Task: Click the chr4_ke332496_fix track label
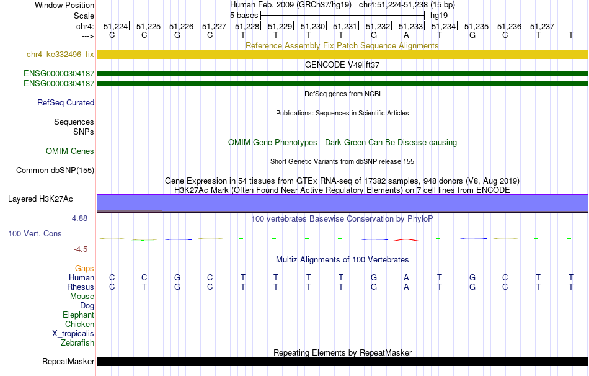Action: [60, 54]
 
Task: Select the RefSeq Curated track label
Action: [66, 102]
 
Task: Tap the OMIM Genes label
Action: [70, 151]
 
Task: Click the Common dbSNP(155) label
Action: [55, 171]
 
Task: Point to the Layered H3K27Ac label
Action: [40, 199]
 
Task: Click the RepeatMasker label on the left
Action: [68, 361]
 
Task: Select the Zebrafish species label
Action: [77, 343]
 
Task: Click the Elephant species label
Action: [79, 315]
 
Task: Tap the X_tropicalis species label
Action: [73, 334]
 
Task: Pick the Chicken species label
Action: [79, 324]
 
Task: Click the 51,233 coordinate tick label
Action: [410, 26]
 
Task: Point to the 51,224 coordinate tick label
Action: [116, 26]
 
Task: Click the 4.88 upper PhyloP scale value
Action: [79, 218]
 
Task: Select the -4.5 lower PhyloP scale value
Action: [81, 249]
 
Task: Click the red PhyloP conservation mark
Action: [406, 239]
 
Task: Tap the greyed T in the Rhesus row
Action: [144, 287]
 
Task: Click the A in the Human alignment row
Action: [406, 277]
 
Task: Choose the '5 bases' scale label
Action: [244, 16]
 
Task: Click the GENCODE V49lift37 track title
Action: [342, 65]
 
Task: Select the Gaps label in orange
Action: [84, 269]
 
